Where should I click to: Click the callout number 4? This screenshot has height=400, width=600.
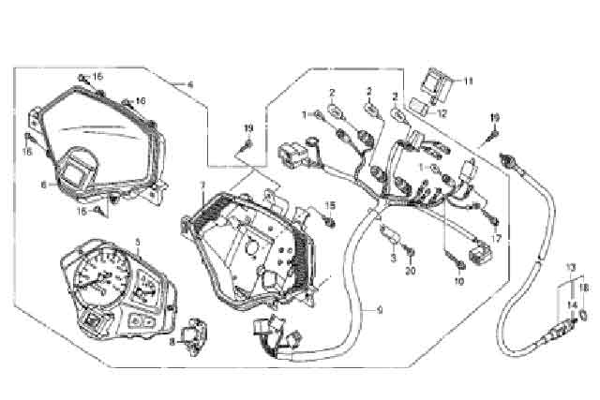(190, 85)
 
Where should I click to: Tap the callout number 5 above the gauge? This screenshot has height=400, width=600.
(138, 242)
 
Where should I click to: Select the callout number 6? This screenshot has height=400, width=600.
(42, 185)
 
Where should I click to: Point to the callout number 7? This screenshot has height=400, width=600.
(202, 185)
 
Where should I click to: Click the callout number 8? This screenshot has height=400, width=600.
(172, 344)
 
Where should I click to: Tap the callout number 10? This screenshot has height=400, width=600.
(459, 279)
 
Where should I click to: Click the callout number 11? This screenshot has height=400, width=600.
(470, 81)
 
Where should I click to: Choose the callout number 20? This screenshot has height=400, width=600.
(410, 272)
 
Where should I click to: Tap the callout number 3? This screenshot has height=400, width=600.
(395, 256)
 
